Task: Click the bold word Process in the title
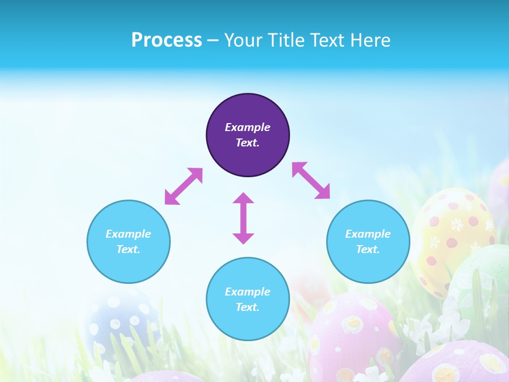tap(166, 40)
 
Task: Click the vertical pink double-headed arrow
tap(243, 218)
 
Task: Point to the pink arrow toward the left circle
tap(183, 186)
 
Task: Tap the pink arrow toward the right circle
tap(311, 180)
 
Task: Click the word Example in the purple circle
tap(248, 127)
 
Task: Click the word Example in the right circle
tap(368, 234)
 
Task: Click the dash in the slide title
tap(213, 41)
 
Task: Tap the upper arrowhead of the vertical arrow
tap(243, 199)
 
